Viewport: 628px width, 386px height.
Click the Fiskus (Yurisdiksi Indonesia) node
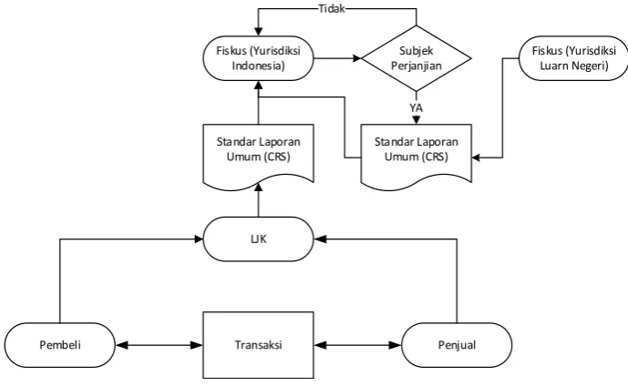pos(258,58)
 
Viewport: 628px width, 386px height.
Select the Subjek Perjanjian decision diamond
pos(417,58)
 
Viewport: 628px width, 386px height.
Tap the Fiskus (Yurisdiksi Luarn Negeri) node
pos(573,58)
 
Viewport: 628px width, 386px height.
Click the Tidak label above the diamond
pos(332,8)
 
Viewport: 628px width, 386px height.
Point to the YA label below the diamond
pos(417,107)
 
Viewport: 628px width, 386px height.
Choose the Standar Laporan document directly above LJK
pos(258,155)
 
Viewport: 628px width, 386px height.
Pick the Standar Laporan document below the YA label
pos(417,156)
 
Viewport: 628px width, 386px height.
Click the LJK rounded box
pos(258,239)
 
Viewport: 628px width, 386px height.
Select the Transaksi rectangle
pos(258,345)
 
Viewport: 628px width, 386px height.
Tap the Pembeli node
pos(60,345)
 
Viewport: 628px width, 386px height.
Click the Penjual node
pos(457,345)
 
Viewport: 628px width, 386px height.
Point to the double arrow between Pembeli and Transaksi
pos(160,345)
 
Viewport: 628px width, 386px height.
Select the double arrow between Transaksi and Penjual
pos(357,345)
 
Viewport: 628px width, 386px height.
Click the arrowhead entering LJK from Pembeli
pos(199,239)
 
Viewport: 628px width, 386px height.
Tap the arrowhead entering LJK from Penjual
pos(318,239)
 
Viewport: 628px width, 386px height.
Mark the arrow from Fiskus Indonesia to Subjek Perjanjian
pos(337,58)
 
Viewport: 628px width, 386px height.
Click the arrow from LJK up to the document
pos(258,200)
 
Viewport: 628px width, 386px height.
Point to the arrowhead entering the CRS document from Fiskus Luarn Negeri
pos(476,157)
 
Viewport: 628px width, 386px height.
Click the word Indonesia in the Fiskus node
pos(258,66)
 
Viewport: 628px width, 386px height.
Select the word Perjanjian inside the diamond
pos(417,66)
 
